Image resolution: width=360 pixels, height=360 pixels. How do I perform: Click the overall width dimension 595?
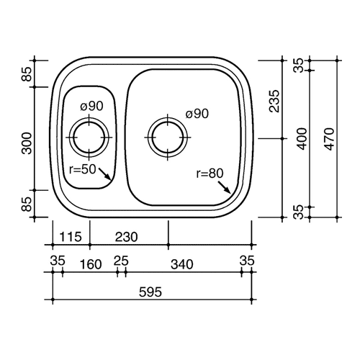pyautogui.click(x=150, y=292)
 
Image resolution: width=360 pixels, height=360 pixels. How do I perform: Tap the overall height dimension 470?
pyautogui.click(x=330, y=139)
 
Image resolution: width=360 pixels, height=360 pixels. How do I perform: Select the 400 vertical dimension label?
pyautogui.click(x=302, y=139)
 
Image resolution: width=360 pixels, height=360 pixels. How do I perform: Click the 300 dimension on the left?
pyautogui.click(x=27, y=143)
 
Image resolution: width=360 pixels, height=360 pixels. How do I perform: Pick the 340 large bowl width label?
pyautogui.click(x=181, y=264)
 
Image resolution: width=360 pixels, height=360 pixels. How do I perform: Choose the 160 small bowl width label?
pyautogui.click(x=91, y=264)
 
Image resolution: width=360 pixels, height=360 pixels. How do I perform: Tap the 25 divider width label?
pyautogui.click(x=121, y=261)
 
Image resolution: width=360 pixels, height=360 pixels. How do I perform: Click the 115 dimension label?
pyautogui.click(x=71, y=237)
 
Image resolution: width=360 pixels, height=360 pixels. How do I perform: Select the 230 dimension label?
pyautogui.click(x=126, y=237)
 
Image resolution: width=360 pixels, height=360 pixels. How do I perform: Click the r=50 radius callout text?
pyautogui.click(x=82, y=169)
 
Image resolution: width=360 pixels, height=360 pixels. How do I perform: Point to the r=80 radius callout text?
pyautogui.click(x=210, y=174)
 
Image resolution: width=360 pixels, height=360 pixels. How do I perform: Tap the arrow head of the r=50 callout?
pyautogui.click(x=109, y=178)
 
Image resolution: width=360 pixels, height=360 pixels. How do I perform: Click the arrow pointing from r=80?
pyautogui.click(x=224, y=187)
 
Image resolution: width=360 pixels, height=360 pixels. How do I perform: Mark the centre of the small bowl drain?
pyautogui.click(x=89, y=138)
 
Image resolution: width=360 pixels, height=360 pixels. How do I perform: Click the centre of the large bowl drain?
pyautogui.click(x=168, y=138)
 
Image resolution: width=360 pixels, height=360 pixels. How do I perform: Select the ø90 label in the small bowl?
pyautogui.click(x=91, y=106)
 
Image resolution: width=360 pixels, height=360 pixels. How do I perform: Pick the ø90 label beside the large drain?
pyautogui.click(x=197, y=114)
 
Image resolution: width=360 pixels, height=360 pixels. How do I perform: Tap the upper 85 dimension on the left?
pyautogui.click(x=27, y=74)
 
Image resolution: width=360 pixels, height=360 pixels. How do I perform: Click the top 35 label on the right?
pyautogui.click(x=300, y=66)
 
